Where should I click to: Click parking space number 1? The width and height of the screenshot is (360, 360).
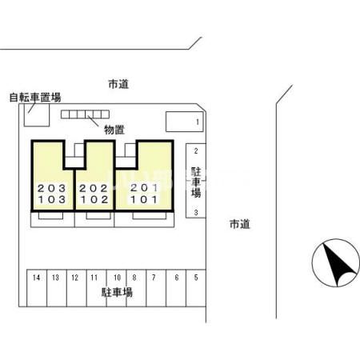185,122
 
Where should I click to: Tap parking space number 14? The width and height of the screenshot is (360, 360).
37,288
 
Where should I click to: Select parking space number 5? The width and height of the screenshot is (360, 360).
196,288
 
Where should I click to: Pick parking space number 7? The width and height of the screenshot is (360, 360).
156,288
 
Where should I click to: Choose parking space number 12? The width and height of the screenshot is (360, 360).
77,288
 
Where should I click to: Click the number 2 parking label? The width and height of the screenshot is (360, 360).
196,151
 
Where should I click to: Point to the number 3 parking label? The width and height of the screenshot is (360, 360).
196,213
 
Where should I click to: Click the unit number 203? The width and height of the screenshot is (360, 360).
52,188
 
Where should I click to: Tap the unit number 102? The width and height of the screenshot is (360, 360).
94,199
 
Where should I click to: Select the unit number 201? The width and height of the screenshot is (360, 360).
144,188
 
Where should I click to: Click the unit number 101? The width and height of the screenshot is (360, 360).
144,199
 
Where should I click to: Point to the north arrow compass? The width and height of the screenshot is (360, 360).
336,263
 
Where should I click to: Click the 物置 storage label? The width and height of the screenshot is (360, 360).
114,130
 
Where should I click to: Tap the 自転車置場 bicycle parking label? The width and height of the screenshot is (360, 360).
35,98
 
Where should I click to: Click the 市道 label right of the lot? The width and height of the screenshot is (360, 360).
240,224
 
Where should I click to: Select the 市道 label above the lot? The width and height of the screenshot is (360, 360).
118,84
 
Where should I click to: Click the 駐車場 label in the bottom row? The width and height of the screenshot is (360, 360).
117,292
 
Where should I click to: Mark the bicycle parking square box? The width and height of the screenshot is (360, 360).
37,114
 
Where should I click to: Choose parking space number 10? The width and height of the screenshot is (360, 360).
116,288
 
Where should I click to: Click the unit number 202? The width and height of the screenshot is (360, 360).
94,188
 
